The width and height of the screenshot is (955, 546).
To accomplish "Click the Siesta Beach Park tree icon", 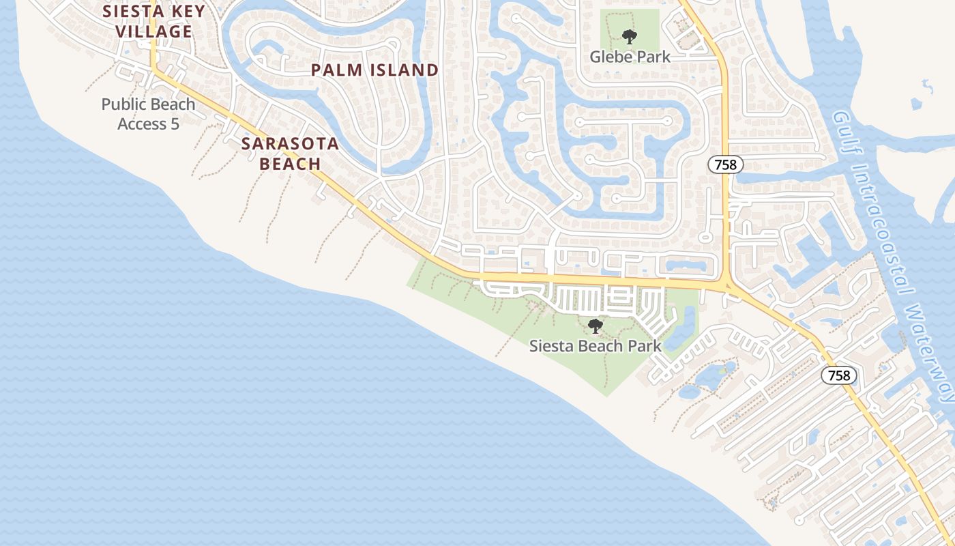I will point(596,326).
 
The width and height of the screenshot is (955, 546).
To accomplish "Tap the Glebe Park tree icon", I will point(630,37).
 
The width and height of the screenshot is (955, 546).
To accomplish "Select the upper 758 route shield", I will point(725,164).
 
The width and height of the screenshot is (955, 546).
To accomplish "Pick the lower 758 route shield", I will point(839,375).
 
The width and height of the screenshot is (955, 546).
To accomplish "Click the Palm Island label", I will point(374,70).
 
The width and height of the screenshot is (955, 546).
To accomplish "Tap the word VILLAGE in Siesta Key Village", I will point(153,31).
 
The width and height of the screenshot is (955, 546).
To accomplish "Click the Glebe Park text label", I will point(630,57).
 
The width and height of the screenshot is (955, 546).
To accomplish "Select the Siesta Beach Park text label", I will point(596,346).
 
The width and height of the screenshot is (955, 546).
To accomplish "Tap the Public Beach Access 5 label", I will point(148,114).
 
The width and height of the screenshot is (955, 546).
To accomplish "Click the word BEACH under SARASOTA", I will point(290,164).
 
